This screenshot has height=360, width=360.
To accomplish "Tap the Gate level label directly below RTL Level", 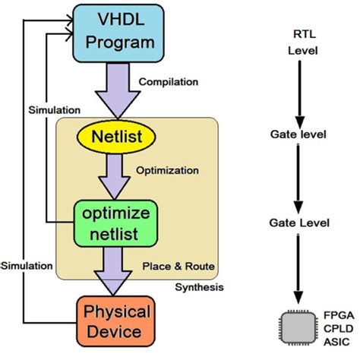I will pyautogui.click(x=298, y=134).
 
